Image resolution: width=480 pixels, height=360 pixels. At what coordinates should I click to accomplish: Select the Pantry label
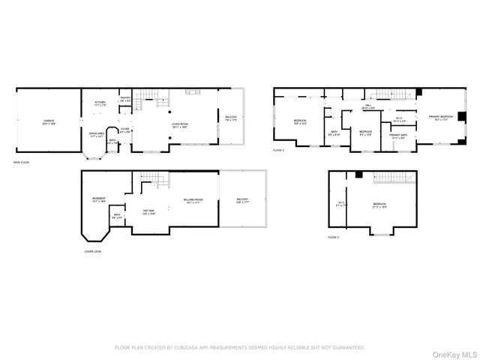124,97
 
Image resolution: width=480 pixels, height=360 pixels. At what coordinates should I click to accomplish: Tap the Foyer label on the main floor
124,129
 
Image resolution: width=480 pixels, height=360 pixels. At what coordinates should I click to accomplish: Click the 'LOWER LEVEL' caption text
94,251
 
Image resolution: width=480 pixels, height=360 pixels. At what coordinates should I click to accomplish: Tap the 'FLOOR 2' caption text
280,151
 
